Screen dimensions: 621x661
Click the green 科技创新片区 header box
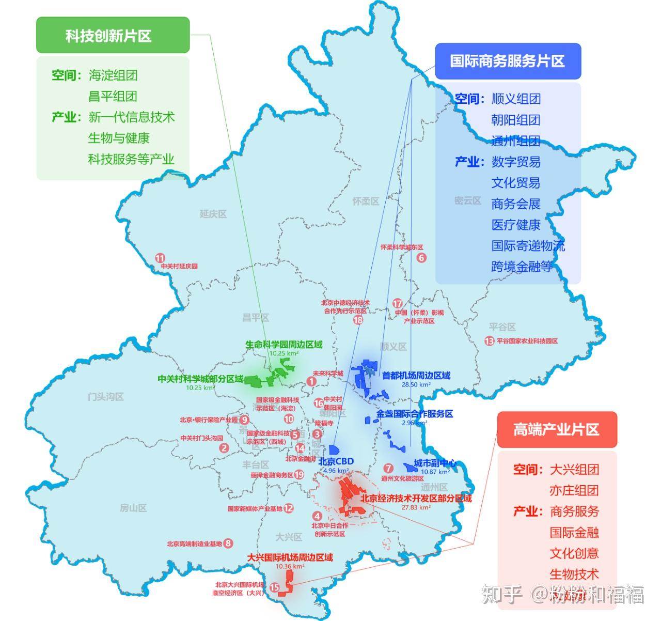coord(113,35)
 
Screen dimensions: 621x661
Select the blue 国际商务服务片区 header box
coord(508,61)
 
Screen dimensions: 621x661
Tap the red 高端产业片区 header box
coord(556,429)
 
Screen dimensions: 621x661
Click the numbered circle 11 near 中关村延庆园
coord(161,258)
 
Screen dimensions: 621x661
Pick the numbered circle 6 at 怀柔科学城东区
coord(421,258)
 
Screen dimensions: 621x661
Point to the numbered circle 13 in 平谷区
coord(489,341)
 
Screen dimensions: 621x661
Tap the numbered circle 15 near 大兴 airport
coord(275,587)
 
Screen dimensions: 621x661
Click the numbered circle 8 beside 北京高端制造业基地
coord(228,543)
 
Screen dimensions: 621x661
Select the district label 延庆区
coord(213,214)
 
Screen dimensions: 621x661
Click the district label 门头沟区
coord(105,397)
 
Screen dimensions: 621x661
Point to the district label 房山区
coord(133,508)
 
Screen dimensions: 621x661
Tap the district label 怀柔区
coord(366,201)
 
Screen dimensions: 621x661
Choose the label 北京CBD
coord(336,461)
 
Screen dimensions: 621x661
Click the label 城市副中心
coord(435,463)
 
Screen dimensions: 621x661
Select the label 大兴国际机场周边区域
coord(290,558)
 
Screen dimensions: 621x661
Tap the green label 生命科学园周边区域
coord(284,345)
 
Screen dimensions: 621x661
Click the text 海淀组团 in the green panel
coord(113,75)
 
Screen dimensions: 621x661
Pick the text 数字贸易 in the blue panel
coord(515,162)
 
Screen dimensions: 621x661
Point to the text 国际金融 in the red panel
coord(574,532)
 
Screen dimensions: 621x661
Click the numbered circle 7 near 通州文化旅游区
coord(388,469)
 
